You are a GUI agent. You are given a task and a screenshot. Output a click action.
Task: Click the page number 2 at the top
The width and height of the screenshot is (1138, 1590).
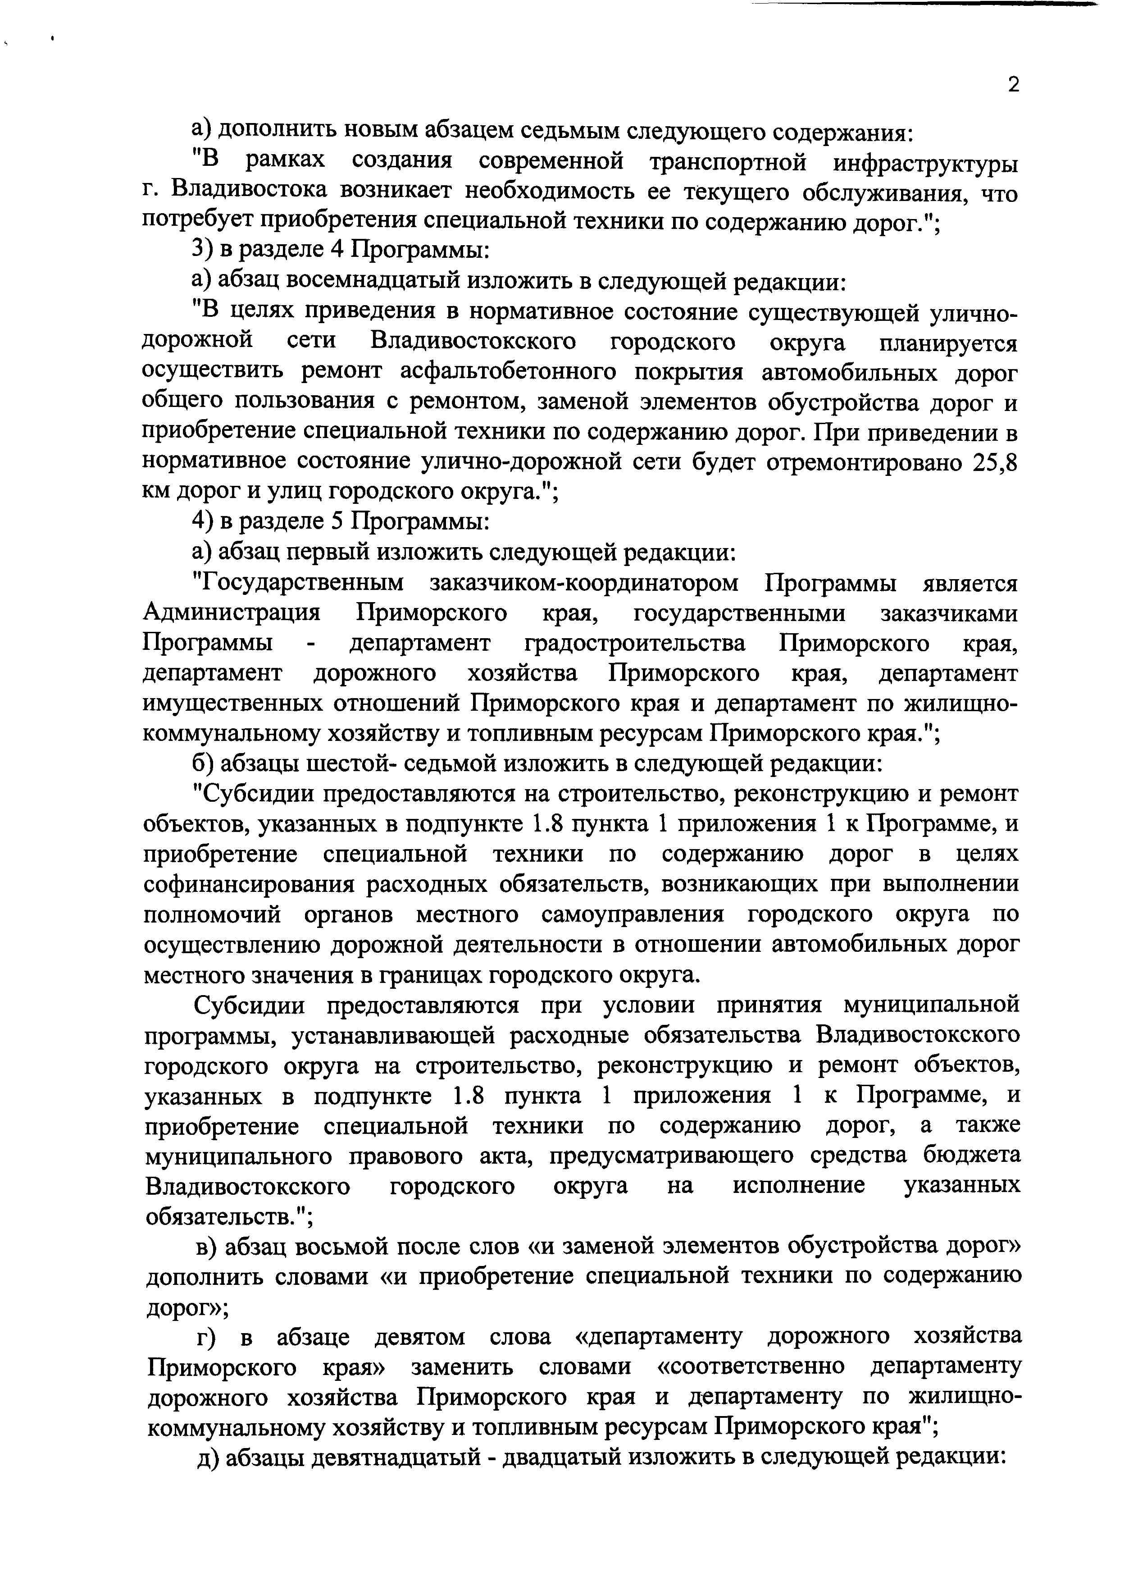[1013, 85]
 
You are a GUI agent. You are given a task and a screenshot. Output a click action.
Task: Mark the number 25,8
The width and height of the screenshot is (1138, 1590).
[995, 463]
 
